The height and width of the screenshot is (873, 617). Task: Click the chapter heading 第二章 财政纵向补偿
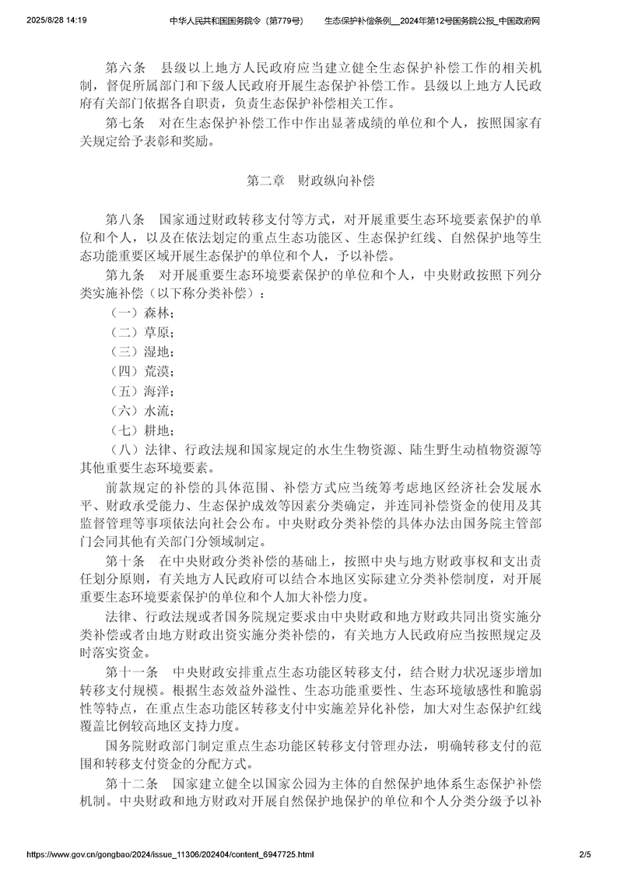310,181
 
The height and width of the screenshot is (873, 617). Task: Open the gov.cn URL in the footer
170,854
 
